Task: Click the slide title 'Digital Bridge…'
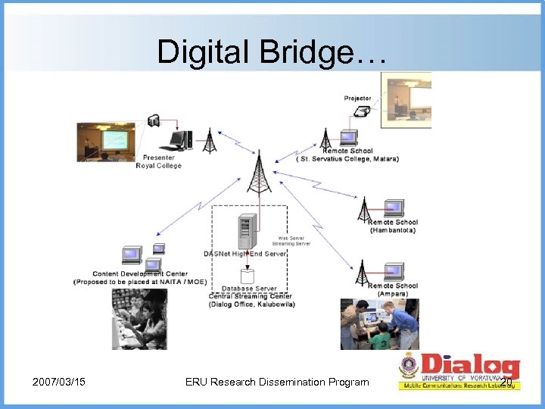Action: pyautogui.click(x=272, y=51)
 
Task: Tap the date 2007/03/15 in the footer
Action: pyautogui.click(x=58, y=382)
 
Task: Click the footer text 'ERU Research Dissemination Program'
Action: pyautogui.click(x=276, y=382)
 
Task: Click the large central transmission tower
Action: pyautogui.click(x=259, y=172)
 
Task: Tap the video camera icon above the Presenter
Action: pyautogui.click(x=154, y=120)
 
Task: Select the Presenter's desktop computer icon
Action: pyautogui.click(x=180, y=140)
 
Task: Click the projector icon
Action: pyautogui.click(x=363, y=111)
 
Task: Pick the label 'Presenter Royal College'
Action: pyautogui.click(x=159, y=161)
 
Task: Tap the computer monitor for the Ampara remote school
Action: pyautogui.click(x=394, y=272)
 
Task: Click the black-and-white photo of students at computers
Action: pyautogui.click(x=140, y=318)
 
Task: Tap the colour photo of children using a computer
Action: pyautogui.click(x=378, y=324)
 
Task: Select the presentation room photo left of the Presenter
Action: pyautogui.click(x=106, y=142)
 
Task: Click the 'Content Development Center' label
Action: pyautogui.click(x=140, y=273)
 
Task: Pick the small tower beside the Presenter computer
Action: pyautogui.click(x=209, y=142)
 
